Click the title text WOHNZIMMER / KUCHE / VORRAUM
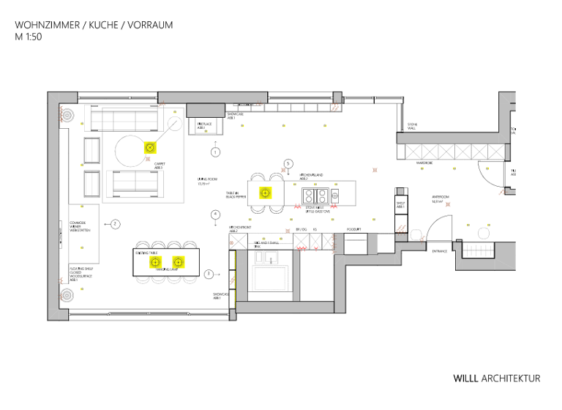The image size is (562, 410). pos(94,25)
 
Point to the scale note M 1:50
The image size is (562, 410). pos(29,37)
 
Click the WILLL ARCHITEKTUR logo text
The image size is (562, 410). pos(496,379)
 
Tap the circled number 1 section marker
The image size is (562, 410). pos(215,152)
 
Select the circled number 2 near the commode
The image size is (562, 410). pos(116,223)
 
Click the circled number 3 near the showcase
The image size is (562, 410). pos(209,274)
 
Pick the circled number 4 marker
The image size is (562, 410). pos(215,215)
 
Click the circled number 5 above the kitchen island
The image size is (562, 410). pos(288,163)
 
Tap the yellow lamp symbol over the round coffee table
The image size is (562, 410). pos(149,148)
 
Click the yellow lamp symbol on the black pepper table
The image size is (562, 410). pos(265,194)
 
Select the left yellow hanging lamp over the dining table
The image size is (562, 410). pos(154,261)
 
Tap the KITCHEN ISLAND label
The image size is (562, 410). pos(311,176)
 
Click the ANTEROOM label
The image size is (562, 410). pos(439,198)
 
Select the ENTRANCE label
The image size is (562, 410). pos(439,251)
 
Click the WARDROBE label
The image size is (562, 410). pos(426,163)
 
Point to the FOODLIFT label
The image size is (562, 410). pos(355,230)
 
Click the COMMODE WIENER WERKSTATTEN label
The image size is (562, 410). pos(78,226)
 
